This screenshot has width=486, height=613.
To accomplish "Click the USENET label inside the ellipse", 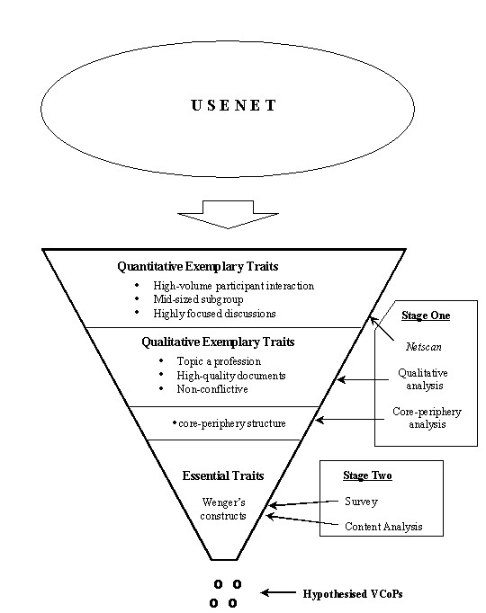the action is coord(234,105).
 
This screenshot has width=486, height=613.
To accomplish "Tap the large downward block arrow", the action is coord(228,214).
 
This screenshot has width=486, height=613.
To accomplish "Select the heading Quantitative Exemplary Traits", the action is coord(198,267).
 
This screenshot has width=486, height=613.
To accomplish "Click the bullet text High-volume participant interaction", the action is coord(234,286).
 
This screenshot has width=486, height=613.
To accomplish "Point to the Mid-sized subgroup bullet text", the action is coord(198,299).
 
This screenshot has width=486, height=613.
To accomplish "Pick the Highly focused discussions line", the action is coord(214,314).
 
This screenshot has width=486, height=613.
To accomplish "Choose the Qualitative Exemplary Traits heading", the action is coord(218,342).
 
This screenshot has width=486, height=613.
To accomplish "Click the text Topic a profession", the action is coord(219,361).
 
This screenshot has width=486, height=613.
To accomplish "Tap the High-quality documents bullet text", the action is coord(231,376).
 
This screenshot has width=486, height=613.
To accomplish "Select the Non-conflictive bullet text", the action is coord(212,389).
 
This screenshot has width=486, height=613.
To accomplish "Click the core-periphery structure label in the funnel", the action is coord(232,423).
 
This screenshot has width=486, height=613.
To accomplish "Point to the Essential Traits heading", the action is coord(223,475).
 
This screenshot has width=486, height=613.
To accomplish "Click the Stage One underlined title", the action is coord(426,315).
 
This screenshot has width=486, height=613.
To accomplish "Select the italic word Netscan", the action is coord(424,347).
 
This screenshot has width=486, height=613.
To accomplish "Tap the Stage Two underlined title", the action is coord(367,475).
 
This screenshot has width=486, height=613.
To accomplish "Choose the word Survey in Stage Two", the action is coord(361,502).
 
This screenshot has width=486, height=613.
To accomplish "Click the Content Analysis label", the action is coord(383,527).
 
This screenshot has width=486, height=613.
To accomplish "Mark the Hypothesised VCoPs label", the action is coord(353,594).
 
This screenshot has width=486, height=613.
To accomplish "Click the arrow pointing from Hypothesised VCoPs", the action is coord(278,593).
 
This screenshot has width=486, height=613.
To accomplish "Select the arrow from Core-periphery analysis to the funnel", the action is coord(350,420).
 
